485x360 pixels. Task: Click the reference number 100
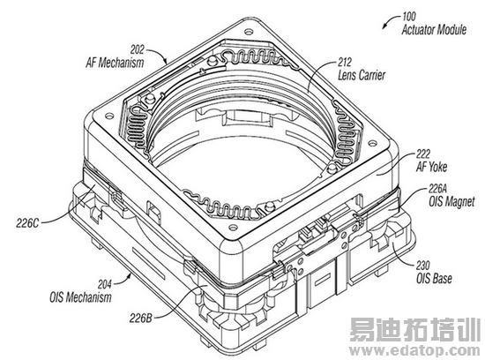pos(408,17)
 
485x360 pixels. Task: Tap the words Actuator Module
pos(434,30)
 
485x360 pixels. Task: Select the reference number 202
pos(137,49)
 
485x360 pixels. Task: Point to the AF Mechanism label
pos(115,63)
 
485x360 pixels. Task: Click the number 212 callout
pos(345,63)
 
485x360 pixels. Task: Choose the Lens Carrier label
pos(362,75)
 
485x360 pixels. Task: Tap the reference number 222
pos(423,154)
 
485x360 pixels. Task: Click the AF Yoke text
pos(431,167)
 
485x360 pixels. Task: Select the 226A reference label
pos(437,188)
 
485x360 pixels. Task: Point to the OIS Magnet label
pos(451,202)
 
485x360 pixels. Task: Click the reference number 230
pos(422,266)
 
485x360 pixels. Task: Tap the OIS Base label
pos(434,279)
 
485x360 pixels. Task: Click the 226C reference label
pos(27,223)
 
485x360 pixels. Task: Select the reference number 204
pos(105,284)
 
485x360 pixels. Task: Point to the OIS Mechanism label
pos(80,297)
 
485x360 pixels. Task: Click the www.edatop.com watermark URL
pos(415,351)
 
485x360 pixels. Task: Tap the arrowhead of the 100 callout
pos(384,26)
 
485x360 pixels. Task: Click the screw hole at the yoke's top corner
pos(247,31)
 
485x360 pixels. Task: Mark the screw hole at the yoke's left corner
pos(108,116)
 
